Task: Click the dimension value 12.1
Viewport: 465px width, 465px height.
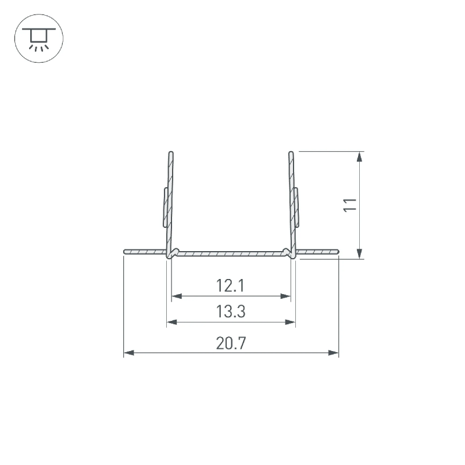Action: [x=230, y=285]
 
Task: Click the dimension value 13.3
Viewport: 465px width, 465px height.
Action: [x=231, y=312]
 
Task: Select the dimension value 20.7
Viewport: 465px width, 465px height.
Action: [x=231, y=343]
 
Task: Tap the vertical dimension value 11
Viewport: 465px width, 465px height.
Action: [x=350, y=205]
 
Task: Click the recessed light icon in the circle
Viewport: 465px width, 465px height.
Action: [x=39, y=38]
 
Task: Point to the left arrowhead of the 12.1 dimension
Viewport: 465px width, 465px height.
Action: [x=177, y=296]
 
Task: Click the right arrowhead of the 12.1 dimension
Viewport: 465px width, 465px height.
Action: [x=285, y=296]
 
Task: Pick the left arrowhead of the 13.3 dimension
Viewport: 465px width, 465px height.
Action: [x=172, y=322]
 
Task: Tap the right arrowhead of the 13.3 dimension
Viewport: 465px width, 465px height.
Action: [x=290, y=322]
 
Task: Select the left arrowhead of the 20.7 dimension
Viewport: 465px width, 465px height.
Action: [x=128, y=353]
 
